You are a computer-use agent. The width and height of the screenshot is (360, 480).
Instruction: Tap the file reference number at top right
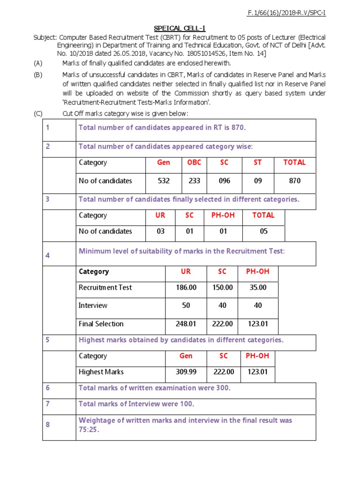[x=286, y=13]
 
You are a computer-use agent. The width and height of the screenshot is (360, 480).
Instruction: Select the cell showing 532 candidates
[x=164, y=181]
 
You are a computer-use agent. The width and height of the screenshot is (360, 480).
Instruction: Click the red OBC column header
[x=194, y=163]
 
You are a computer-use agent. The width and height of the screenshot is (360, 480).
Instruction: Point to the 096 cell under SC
[x=225, y=181]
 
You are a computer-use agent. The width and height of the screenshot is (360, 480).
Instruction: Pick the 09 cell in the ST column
[x=258, y=181]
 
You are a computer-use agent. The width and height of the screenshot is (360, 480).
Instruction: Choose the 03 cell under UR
[x=160, y=231]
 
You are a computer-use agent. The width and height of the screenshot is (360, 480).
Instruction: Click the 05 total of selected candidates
[x=263, y=231]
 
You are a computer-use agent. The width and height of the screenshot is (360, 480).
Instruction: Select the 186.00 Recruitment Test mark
[x=186, y=287]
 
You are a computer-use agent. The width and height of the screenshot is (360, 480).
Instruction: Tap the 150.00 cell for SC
[x=222, y=287]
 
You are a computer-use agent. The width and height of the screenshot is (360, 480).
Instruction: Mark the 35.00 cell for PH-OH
[x=258, y=287]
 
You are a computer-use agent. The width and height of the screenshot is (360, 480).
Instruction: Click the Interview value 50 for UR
[x=186, y=306]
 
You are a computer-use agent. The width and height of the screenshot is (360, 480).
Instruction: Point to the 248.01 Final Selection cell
[x=186, y=324]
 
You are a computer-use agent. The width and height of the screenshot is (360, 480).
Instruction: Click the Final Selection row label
[x=101, y=324]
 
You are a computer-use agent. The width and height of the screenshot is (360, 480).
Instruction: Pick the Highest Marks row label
[x=101, y=372]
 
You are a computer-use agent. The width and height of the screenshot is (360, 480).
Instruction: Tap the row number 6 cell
[x=48, y=388]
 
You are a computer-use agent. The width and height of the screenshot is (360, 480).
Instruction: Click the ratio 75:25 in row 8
[x=89, y=430]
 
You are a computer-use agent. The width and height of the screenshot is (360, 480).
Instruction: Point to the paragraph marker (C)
[x=37, y=114]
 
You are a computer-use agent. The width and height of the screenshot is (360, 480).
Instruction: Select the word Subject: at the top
[x=45, y=37]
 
